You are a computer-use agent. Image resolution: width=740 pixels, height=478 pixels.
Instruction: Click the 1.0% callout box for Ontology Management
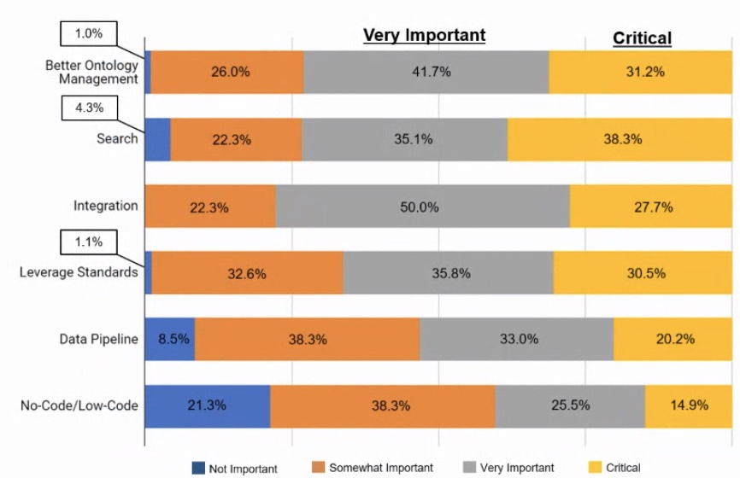(x=88, y=34)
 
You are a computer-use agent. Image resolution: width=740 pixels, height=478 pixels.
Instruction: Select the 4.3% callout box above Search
(x=88, y=108)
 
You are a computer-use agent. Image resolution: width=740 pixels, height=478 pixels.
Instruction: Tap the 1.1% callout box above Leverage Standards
(x=88, y=242)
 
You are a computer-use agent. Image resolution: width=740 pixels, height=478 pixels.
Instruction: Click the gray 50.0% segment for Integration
(x=422, y=207)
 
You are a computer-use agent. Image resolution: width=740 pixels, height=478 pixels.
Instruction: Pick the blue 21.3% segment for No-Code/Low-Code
(x=208, y=405)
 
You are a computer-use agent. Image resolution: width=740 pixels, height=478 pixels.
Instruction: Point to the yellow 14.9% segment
(x=688, y=405)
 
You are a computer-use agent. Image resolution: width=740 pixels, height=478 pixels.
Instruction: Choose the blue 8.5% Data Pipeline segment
(x=170, y=339)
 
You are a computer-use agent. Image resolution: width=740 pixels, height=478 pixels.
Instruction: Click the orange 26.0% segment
(x=227, y=73)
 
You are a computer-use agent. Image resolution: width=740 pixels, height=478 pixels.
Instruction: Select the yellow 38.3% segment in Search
(x=622, y=139)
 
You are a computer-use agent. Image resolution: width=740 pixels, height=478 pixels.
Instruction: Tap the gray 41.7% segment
(x=426, y=73)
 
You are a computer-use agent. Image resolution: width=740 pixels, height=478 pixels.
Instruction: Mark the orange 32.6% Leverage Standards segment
(x=247, y=274)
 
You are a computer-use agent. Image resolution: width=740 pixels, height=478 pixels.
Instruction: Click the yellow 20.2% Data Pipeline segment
(x=674, y=339)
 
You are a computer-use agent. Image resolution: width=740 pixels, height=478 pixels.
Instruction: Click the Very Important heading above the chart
(x=424, y=36)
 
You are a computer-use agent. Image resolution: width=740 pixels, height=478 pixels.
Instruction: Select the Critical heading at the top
(x=642, y=38)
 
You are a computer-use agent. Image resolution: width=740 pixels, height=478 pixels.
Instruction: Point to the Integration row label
(x=105, y=206)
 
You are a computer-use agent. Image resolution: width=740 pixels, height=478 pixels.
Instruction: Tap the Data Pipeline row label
(x=98, y=339)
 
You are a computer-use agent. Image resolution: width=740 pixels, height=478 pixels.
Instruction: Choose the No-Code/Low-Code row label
(x=79, y=405)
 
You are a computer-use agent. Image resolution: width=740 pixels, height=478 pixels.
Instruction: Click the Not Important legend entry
(x=235, y=468)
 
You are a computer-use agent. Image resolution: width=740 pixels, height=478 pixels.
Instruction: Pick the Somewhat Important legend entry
(x=373, y=468)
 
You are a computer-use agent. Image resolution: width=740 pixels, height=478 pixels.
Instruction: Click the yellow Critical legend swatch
(x=596, y=467)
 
